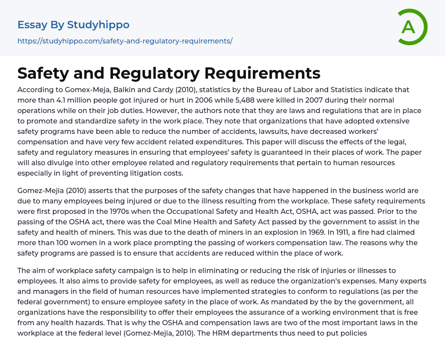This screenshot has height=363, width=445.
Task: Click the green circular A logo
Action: (x=412, y=27)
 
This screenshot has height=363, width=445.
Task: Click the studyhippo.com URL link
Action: (x=125, y=41)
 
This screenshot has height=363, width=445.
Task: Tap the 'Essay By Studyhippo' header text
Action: (x=73, y=25)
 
